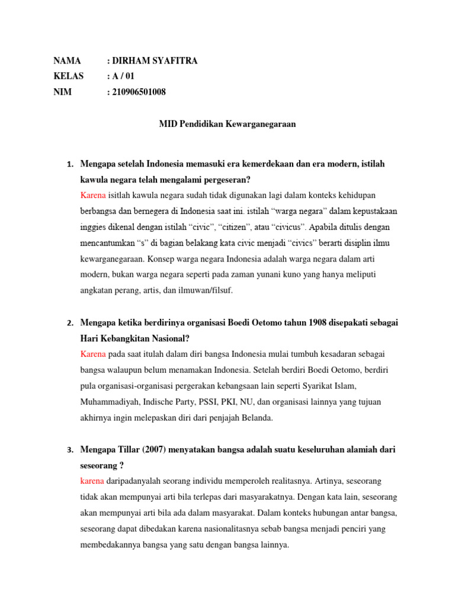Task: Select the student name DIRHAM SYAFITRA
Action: pyautogui.click(x=155, y=61)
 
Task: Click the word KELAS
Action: pyautogui.click(x=69, y=76)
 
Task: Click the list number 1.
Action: pyautogui.click(x=69, y=164)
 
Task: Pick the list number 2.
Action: pyautogui.click(x=69, y=323)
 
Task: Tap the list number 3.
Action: pyautogui.click(x=69, y=451)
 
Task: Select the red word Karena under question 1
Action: pyautogui.click(x=93, y=195)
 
